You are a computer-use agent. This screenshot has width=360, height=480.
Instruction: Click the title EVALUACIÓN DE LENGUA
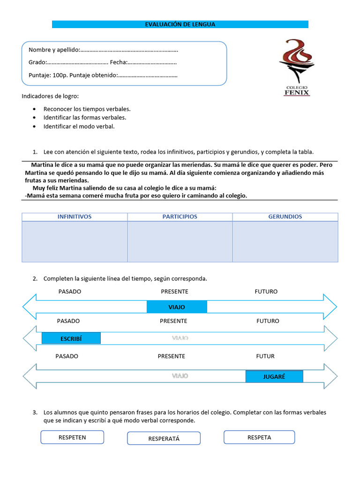pyautogui.click(x=180, y=24)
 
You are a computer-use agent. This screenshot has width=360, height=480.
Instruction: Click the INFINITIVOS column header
pyautogui.click(x=75, y=217)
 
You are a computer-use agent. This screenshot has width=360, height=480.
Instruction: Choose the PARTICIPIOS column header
pyautogui.click(x=180, y=217)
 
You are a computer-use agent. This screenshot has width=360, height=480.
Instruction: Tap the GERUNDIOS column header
pyautogui.click(x=285, y=217)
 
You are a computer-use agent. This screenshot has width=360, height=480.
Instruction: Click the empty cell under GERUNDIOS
pyautogui.click(x=285, y=241)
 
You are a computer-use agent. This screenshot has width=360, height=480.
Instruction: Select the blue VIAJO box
pyautogui.click(x=177, y=307)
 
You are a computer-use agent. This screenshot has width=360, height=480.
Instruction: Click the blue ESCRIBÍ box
pyautogui.click(x=71, y=338)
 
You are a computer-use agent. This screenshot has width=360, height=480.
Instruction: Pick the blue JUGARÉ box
pyautogui.click(x=274, y=376)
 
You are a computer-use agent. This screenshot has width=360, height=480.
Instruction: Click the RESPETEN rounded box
pyautogui.click(x=72, y=437)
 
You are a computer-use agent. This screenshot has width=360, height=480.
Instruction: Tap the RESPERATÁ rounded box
pyautogui.click(x=164, y=439)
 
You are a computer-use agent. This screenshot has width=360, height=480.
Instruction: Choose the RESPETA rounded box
pyautogui.click(x=259, y=437)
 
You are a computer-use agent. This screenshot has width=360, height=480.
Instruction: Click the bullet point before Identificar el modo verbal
pyautogui.click(x=35, y=127)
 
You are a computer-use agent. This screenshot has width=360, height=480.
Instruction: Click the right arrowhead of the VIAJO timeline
pyautogui.click(x=330, y=307)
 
